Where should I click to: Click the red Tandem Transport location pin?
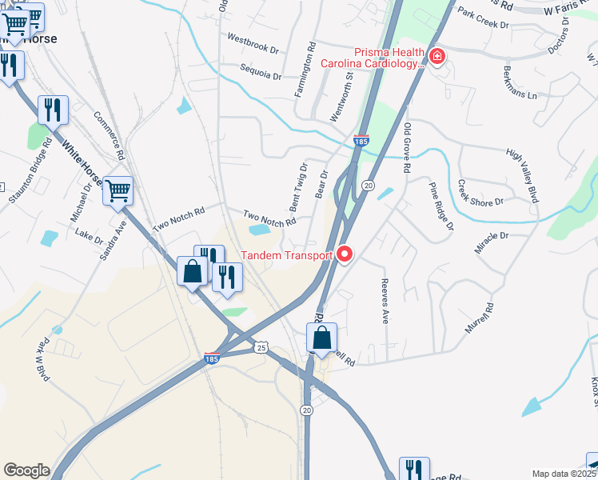click(x=345, y=254)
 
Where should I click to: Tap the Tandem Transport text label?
click(x=286, y=256)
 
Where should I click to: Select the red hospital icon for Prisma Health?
click(x=437, y=57)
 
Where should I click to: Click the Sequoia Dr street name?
click(x=261, y=76)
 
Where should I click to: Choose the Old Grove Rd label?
click(x=408, y=148)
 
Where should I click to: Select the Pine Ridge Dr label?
click(x=441, y=206)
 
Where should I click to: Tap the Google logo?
click(x=26, y=470)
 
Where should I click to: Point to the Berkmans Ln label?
click(x=520, y=82)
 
